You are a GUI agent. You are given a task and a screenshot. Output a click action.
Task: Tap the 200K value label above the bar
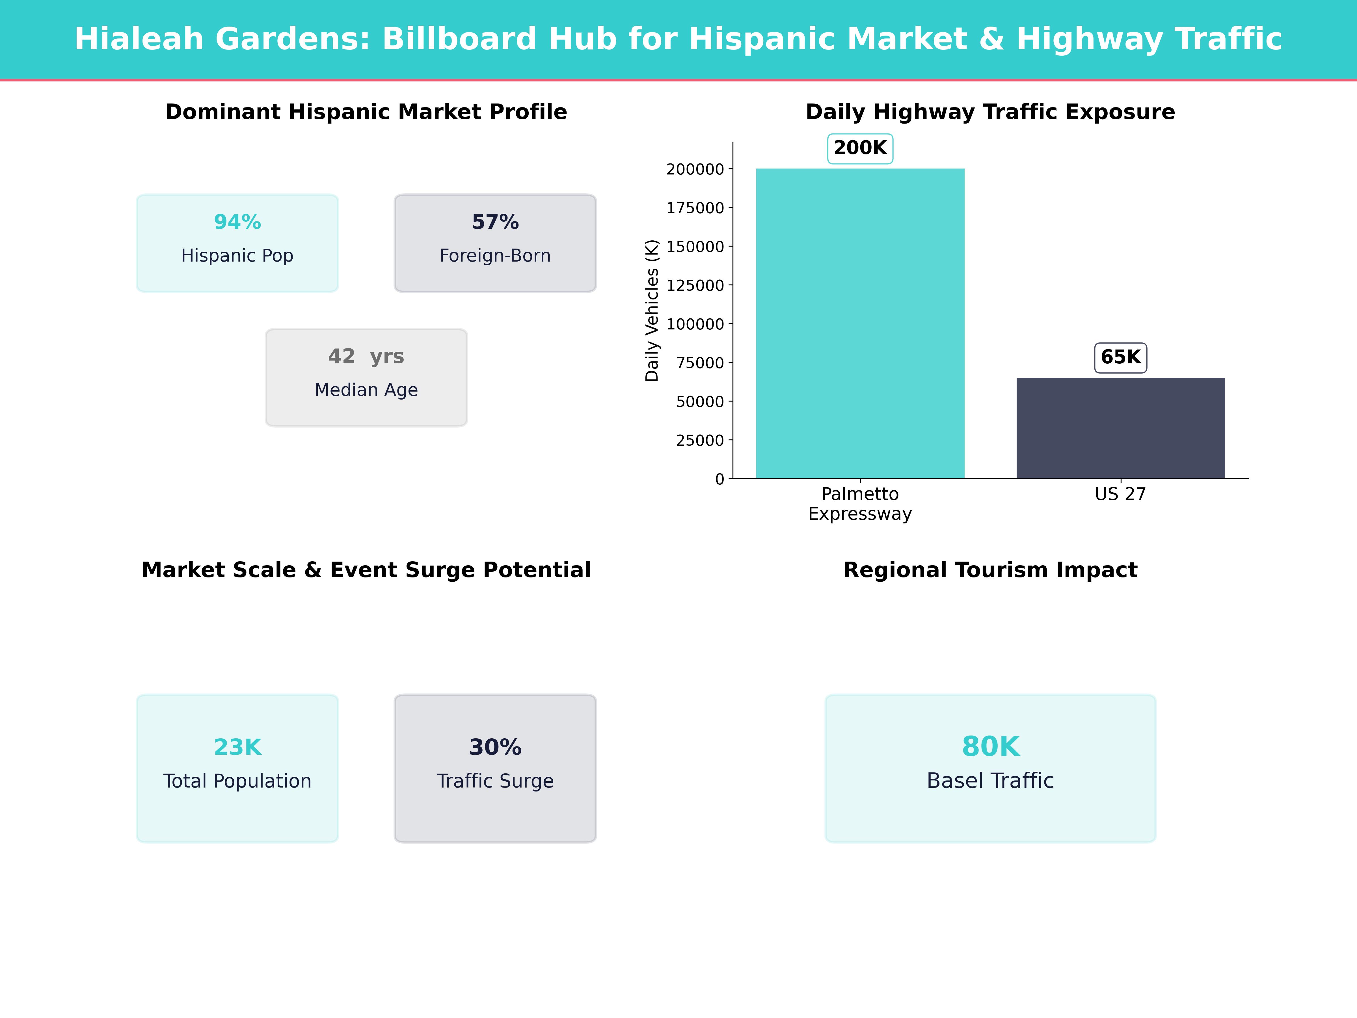860,148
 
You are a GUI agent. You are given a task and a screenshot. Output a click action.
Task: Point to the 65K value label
1120,357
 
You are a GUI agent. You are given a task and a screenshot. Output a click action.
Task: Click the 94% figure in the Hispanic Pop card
237,222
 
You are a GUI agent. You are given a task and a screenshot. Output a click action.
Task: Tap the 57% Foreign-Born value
495,222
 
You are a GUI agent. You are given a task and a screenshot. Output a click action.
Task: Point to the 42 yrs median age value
366,357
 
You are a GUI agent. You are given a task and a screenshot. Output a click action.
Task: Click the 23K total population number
237,747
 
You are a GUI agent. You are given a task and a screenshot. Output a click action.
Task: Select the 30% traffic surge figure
495,747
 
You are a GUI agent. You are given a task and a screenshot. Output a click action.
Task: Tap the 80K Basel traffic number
990,747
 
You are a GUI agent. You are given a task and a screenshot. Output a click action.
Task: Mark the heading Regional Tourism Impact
990,570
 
